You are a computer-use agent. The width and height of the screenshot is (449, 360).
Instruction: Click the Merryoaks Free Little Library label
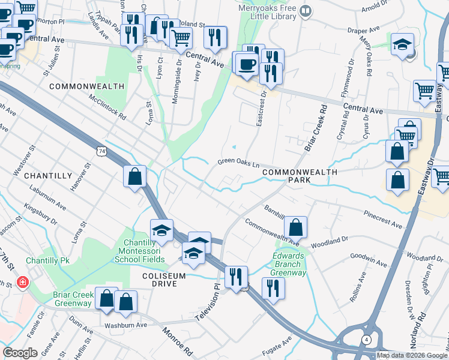pos(264,11)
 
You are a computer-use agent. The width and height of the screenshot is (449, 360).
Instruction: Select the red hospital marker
pos(23,281)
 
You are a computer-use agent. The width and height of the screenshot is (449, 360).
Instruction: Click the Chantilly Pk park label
pos(48,261)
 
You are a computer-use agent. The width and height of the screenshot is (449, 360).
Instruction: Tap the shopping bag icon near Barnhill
pos(295,227)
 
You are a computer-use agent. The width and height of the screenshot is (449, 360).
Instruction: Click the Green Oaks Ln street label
pos(238,162)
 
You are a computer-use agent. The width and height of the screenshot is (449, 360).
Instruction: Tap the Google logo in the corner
pos(20,353)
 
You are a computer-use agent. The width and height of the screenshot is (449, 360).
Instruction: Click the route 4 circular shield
pos(366,340)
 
